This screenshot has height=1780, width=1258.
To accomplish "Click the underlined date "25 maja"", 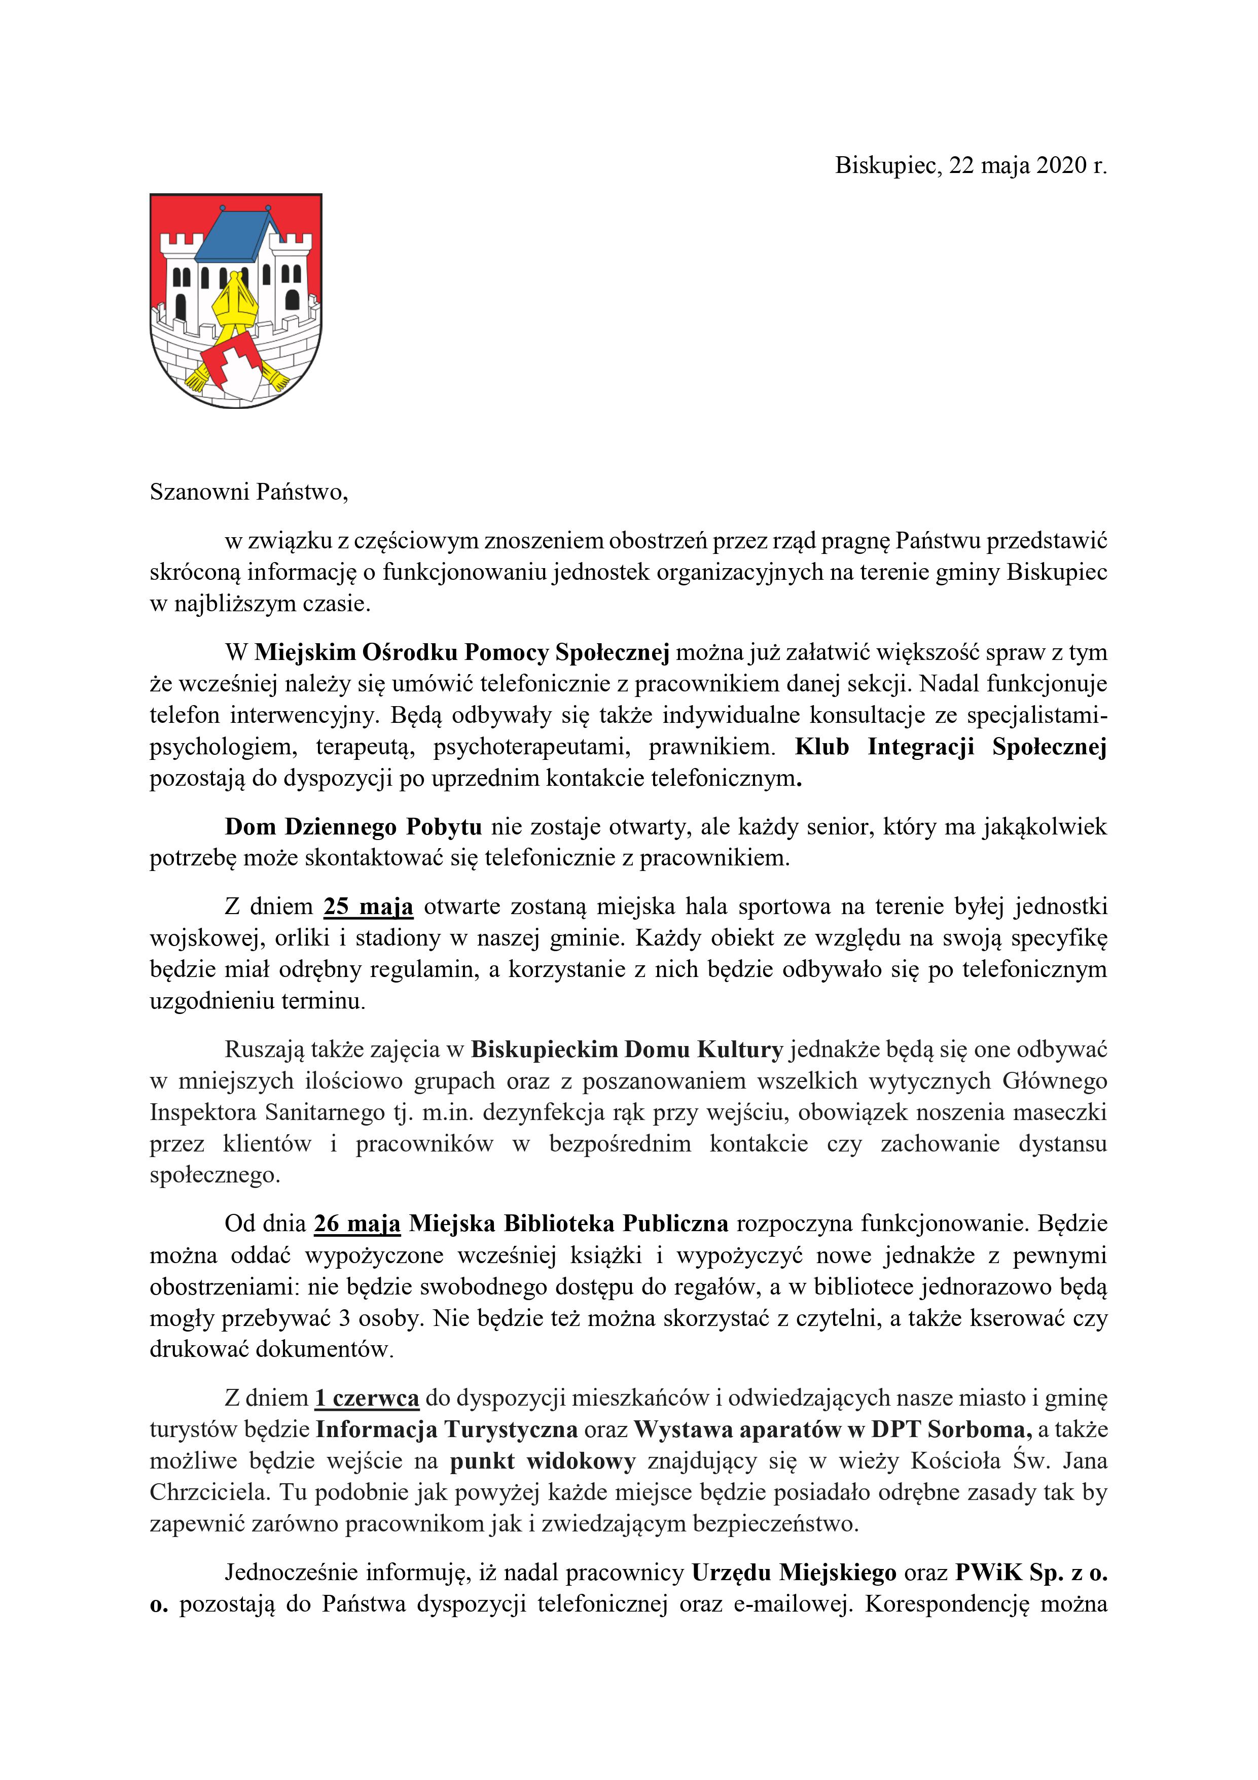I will coord(368,906).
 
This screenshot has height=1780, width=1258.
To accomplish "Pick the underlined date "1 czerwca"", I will coord(367,1398).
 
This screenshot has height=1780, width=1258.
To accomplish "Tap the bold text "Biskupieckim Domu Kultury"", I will coord(627,1049).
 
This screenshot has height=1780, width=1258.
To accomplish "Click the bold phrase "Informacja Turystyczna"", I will coord(447,1429).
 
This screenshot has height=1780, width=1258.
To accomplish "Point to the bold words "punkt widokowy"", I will coord(543,1460).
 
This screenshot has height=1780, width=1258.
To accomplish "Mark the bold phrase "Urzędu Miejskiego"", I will coord(794,1572).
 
